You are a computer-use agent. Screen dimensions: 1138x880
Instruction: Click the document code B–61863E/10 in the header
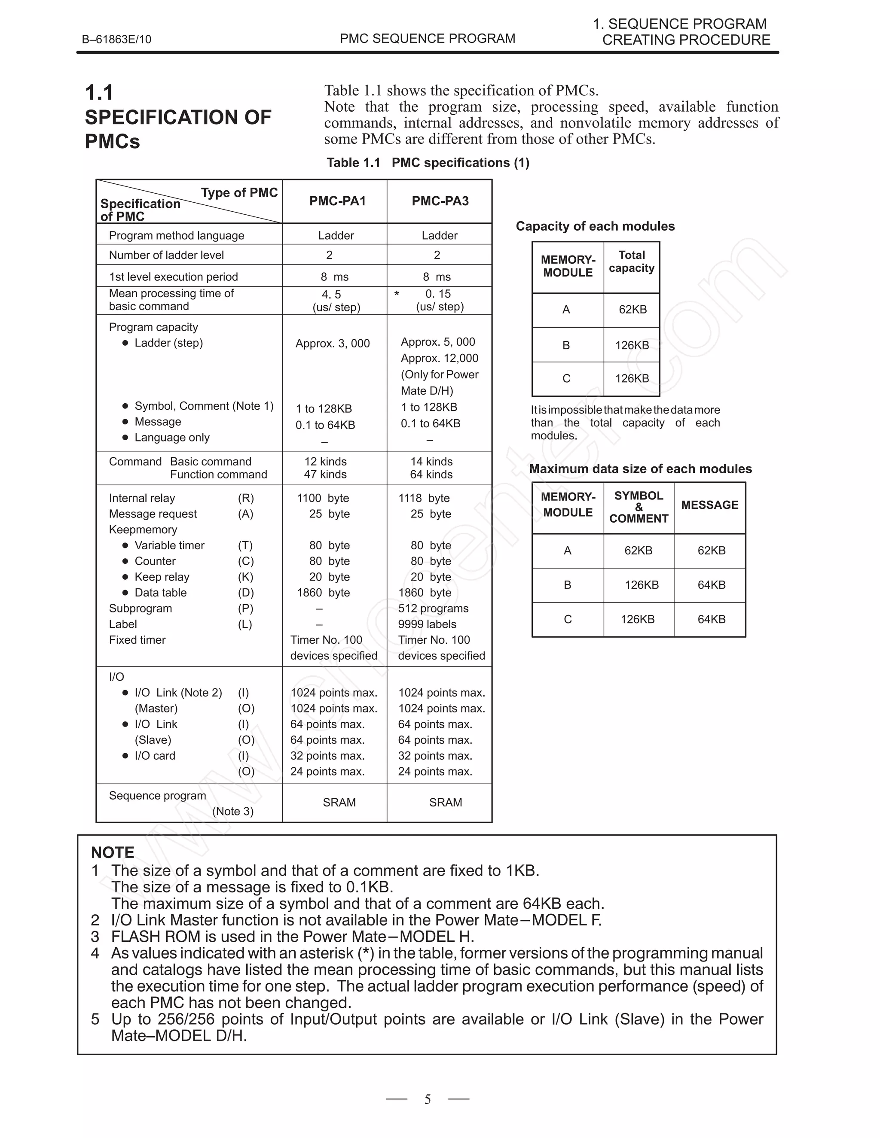[116, 40]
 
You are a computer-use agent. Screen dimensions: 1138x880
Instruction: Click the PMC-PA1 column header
[337, 201]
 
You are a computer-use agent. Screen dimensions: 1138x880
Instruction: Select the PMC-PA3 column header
[440, 201]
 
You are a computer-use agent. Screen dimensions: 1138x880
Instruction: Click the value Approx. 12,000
[439, 358]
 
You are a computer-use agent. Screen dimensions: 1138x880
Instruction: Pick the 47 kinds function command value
[325, 474]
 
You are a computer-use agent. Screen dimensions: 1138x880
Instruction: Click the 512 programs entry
[433, 608]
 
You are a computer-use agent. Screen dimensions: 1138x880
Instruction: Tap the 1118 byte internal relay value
[424, 498]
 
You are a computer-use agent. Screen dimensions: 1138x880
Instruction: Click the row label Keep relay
[162, 577]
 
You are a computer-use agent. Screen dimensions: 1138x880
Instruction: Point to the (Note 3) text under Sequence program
[232, 811]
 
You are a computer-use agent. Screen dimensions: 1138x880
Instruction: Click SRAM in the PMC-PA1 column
[339, 803]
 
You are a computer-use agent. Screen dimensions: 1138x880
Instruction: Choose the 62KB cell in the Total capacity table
[632, 310]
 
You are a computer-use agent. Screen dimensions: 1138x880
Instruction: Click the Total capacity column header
[631, 262]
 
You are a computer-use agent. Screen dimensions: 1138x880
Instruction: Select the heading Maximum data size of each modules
[640, 469]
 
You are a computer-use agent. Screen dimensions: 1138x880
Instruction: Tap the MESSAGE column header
[709, 505]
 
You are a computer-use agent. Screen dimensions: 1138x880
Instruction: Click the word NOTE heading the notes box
[113, 852]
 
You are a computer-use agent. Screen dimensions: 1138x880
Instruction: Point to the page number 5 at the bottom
[428, 1099]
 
